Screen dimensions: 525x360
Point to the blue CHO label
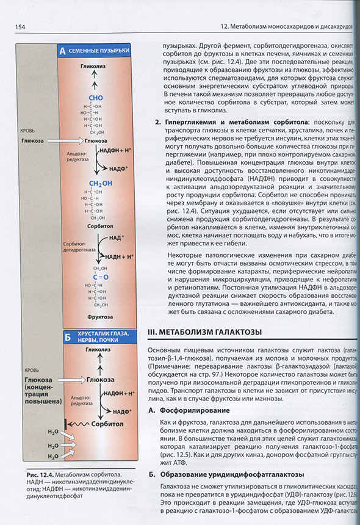(x=96, y=97)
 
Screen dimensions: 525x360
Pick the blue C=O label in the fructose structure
(x=99, y=277)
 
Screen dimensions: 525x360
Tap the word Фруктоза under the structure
(x=99, y=317)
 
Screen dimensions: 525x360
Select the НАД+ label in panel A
(x=117, y=236)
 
